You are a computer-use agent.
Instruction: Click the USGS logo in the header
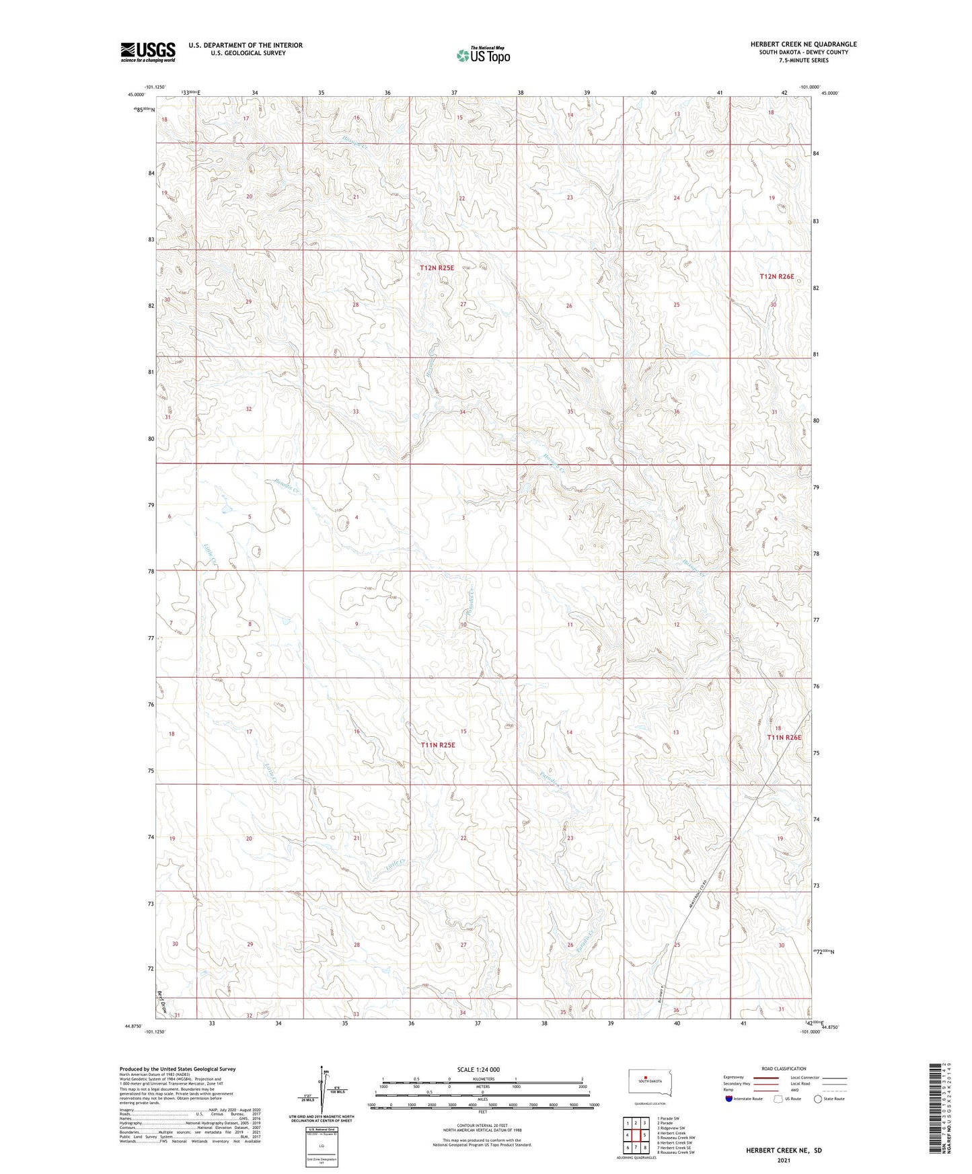(147, 52)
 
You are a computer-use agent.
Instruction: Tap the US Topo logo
(482, 55)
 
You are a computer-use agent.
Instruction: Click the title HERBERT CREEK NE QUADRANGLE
(803, 44)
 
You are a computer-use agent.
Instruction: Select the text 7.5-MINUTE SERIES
(803, 61)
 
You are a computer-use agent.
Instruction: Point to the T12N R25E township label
(437, 268)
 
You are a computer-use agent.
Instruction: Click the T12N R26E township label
(777, 276)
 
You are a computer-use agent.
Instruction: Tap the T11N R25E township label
(438, 745)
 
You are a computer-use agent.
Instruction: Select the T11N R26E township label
(784, 738)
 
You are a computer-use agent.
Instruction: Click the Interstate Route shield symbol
(729, 1099)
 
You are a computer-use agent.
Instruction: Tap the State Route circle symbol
(818, 1099)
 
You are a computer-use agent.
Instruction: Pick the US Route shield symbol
(779, 1099)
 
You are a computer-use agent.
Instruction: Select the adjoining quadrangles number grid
(636, 1136)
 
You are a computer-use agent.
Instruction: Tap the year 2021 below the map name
(783, 1160)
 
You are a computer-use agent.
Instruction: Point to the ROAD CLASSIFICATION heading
(784, 1068)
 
